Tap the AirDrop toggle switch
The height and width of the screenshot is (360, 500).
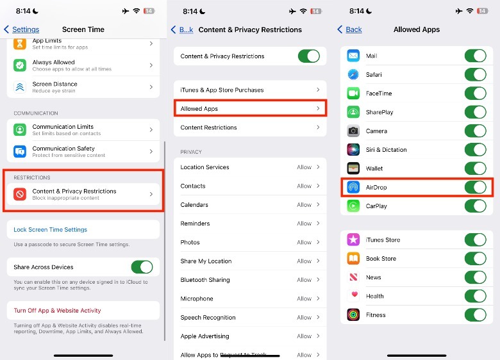click(475, 187)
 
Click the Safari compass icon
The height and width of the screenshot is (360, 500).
click(353, 74)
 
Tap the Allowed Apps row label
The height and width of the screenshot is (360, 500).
click(199, 109)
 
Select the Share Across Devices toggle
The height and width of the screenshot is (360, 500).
click(142, 267)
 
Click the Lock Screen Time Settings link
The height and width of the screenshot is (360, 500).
click(51, 230)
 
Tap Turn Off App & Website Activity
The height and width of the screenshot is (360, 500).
click(58, 311)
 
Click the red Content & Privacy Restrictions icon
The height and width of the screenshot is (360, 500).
click(20, 194)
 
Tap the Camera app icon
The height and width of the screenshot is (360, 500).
click(353, 131)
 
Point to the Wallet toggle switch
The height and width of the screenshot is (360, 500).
click(475, 168)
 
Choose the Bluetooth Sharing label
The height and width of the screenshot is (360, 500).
click(205, 280)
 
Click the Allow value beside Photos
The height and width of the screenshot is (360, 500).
click(304, 242)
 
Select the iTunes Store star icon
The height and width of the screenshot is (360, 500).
click(353, 240)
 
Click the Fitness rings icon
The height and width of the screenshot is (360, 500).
click(353, 315)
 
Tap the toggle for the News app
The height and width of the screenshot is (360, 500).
click(475, 277)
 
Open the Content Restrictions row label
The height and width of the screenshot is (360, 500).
click(208, 127)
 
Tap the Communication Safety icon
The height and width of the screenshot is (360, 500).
click(20, 151)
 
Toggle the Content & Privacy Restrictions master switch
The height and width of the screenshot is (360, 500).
click(309, 56)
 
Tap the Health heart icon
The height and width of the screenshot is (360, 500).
click(353, 296)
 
